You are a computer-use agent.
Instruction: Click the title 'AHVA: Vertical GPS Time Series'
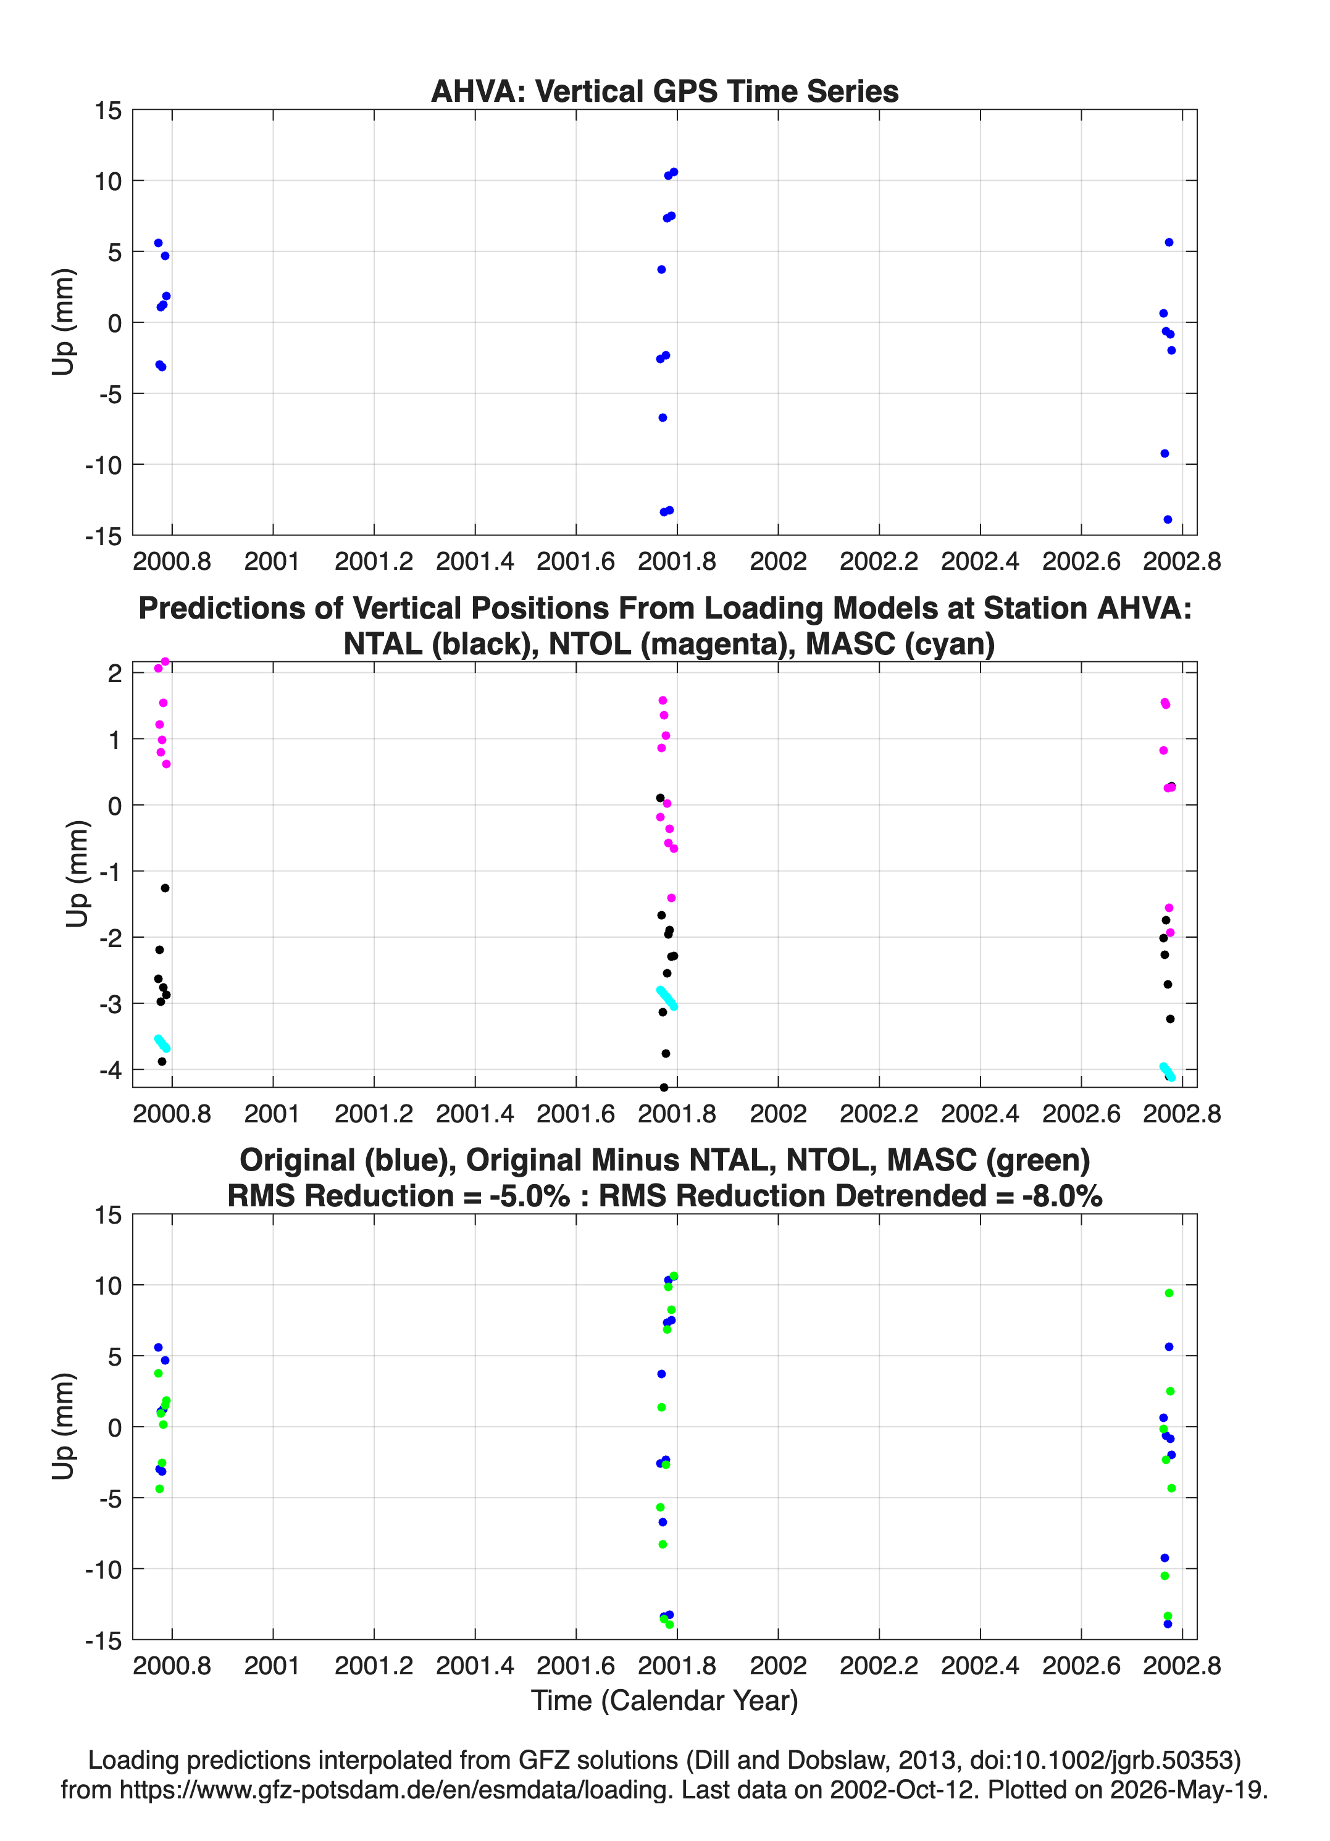(664, 91)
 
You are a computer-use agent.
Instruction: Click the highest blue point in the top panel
(673, 172)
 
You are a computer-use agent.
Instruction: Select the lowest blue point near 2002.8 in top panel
(1168, 519)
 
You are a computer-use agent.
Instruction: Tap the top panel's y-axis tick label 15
(108, 111)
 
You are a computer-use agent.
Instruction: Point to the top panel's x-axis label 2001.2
(374, 561)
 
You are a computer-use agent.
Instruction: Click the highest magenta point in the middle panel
(165, 662)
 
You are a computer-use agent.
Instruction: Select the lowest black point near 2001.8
(663, 1087)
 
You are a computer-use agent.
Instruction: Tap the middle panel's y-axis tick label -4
(111, 1071)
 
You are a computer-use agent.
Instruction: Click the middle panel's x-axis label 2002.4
(980, 1113)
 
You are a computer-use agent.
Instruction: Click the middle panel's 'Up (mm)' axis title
(77, 874)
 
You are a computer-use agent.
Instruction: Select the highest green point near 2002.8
(1169, 1293)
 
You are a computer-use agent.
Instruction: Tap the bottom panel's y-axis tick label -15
(103, 1640)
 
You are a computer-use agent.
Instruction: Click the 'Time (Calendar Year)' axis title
(664, 1701)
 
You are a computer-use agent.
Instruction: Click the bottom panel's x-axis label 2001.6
(575, 1666)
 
